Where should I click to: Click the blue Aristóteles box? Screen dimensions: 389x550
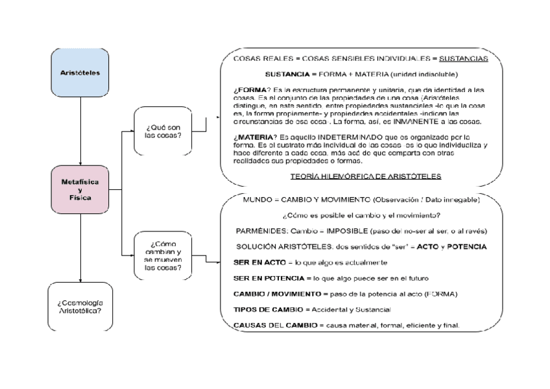(x=80, y=73)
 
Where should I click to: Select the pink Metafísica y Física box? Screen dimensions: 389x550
(x=80, y=189)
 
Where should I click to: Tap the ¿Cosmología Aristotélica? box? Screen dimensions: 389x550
(x=80, y=307)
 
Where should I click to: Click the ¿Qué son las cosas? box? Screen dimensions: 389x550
(x=163, y=131)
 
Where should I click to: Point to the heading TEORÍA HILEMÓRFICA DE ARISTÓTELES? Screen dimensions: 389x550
(x=366, y=176)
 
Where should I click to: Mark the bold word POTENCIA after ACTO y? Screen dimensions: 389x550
(x=467, y=247)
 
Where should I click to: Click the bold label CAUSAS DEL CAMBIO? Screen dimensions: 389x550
(x=272, y=325)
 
